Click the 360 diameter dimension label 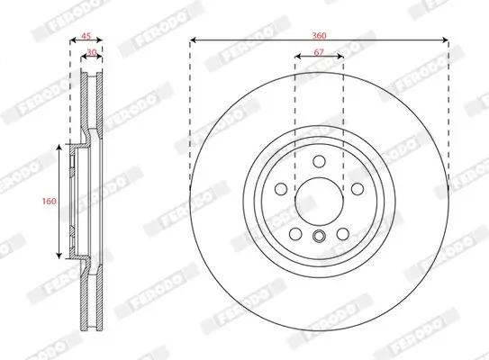click(x=319, y=34)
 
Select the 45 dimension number click(x=86, y=38)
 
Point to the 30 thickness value click(x=92, y=53)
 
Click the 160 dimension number click(x=50, y=201)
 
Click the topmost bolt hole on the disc click(x=319, y=161)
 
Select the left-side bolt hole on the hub click(x=280, y=190)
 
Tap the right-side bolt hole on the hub click(x=358, y=190)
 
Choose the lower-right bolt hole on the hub click(x=343, y=234)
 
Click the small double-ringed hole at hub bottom click(x=319, y=237)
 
